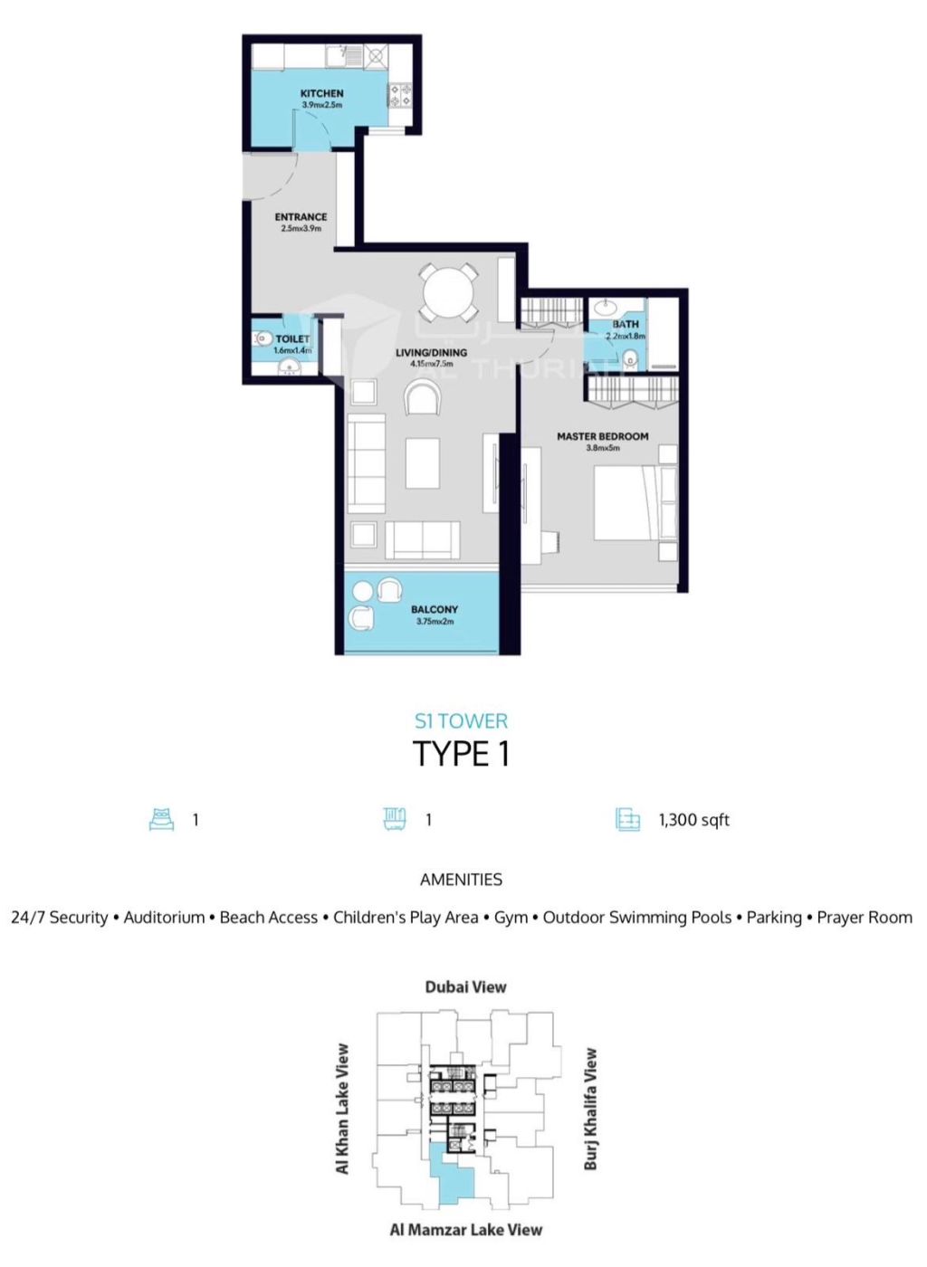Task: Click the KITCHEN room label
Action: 321,93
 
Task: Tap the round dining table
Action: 447,293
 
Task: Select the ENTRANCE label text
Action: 301,216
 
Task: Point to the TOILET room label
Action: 292,338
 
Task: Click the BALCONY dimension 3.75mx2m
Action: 435,621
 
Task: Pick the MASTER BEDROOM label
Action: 602,436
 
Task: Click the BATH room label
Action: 626,324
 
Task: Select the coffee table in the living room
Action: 422,462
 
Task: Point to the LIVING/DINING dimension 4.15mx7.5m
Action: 431,364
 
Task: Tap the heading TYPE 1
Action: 462,754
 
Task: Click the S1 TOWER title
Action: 461,721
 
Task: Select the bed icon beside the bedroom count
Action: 162,820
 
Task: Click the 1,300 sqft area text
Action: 693,820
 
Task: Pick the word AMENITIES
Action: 461,880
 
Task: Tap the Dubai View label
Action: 466,987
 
